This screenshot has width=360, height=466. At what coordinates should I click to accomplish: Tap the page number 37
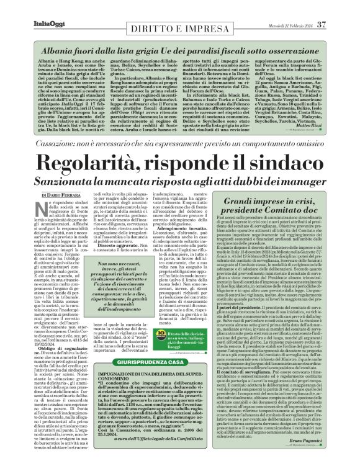(338, 7)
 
